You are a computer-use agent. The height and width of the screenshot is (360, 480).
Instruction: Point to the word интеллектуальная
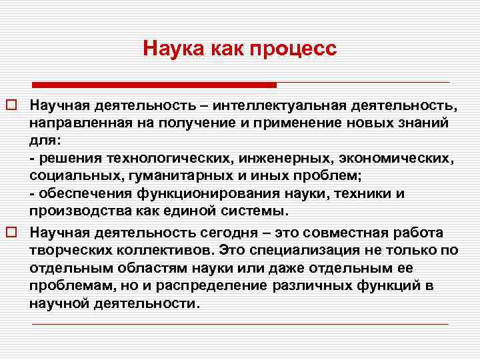(277, 107)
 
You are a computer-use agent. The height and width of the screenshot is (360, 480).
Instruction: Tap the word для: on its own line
(43, 141)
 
